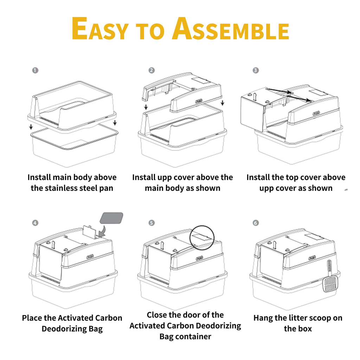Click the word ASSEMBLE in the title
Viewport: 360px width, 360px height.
pos(231,28)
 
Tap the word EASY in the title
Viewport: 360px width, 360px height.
pos(100,28)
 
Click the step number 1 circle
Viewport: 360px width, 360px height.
pos(35,70)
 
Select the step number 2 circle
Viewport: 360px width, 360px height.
pos(152,70)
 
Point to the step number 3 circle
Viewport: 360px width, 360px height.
pos(256,70)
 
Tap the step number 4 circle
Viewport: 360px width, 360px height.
pos(35,223)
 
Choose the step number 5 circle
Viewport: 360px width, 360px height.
pos(152,223)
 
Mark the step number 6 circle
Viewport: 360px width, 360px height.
pos(256,223)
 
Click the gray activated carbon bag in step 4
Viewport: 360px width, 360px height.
pos(111,218)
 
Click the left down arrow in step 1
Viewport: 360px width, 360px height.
pos(31,127)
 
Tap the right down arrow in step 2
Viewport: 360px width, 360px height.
pos(222,103)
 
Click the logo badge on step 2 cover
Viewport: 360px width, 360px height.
pos(199,101)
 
